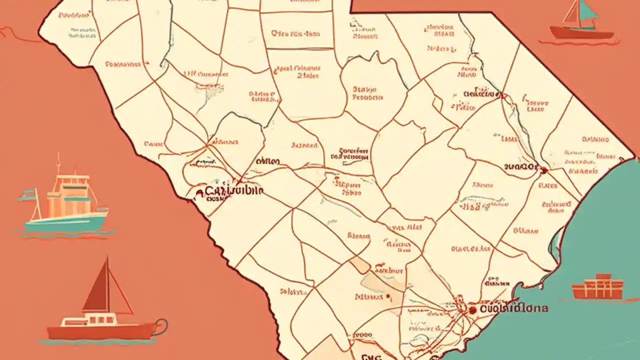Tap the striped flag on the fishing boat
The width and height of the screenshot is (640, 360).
point(27,195)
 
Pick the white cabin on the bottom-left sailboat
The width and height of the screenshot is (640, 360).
point(100,319)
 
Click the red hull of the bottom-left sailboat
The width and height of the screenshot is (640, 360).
point(100,330)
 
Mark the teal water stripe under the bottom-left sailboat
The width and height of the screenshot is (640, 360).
point(95,342)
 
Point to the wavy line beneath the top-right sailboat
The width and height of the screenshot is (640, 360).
point(580,43)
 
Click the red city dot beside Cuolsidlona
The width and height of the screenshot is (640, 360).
point(472,310)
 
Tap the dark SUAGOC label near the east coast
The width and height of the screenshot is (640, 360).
point(520,166)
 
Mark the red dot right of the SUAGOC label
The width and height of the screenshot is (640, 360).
point(543,170)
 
